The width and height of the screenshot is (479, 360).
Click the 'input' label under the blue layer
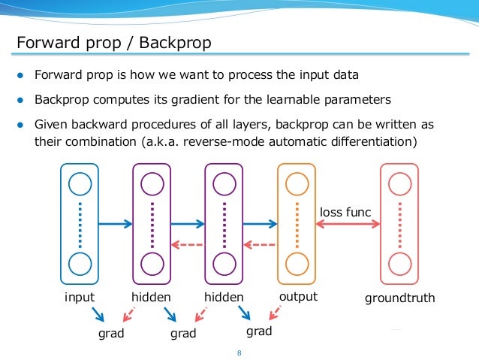click(80, 297)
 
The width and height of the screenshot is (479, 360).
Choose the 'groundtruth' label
click(399, 298)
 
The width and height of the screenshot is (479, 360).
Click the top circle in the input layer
click(80, 183)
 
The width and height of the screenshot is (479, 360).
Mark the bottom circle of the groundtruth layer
click(399, 265)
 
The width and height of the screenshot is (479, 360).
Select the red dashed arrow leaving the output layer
click(260, 244)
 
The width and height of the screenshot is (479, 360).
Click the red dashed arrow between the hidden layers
click(187, 244)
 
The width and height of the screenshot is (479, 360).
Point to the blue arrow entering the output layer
click(260, 223)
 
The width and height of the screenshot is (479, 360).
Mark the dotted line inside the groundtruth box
click(399, 223)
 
